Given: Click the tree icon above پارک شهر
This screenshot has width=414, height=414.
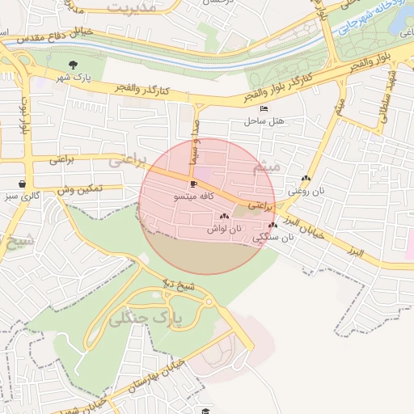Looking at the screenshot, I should coord(74,65).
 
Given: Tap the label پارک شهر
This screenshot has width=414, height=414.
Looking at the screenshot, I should coord(74,78).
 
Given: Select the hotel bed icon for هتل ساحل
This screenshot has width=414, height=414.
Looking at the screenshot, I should coord(264,109).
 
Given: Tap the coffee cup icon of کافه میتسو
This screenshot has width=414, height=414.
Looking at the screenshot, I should coord(193,184).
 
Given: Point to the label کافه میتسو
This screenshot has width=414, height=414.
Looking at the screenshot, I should coord(195,196).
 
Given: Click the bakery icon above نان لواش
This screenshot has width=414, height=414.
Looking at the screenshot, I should coord(224,217).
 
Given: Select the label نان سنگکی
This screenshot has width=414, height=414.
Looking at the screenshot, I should coord(270,238).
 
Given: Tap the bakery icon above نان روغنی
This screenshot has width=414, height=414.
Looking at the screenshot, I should coord(306,179).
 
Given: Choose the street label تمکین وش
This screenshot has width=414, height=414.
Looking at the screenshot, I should coord(79,189).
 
